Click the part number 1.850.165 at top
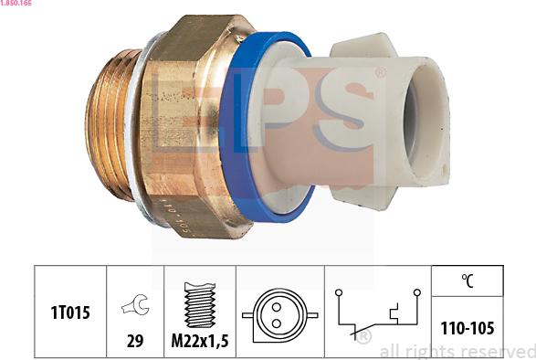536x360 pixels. [x=17, y=5]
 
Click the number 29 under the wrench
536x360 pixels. [x=135, y=340]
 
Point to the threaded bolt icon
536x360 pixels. [x=200, y=304]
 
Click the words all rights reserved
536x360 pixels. [x=457, y=352]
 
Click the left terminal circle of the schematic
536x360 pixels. [x=338, y=292]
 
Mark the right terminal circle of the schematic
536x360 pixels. [x=416, y=292]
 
